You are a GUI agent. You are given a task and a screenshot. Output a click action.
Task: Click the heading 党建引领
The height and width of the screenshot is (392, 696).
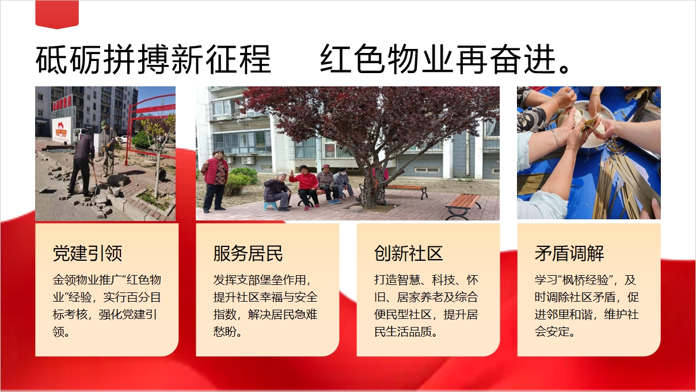tap(88, 253)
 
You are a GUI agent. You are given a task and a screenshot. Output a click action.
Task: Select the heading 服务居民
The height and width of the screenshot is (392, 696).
tap(248, 253)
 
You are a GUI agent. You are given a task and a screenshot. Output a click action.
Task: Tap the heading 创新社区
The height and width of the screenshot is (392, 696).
tap(409, 253)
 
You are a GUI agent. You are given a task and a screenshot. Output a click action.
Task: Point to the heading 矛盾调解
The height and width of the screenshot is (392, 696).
tap(569, 253)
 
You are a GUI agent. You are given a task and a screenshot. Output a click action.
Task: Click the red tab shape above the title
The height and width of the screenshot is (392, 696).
tap(57, 14)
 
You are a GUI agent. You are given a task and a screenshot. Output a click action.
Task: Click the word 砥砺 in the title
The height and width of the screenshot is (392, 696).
tap(69, 59)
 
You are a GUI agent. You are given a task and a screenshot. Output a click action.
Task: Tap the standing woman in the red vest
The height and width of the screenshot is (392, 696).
tap(215, 180)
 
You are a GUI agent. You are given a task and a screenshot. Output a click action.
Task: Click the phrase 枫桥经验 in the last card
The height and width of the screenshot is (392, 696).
tap(585, 280)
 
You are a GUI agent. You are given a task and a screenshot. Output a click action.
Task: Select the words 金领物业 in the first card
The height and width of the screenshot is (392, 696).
tap(75, 280)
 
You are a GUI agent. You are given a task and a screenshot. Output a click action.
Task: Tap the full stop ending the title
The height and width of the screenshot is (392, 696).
tap(564, 68)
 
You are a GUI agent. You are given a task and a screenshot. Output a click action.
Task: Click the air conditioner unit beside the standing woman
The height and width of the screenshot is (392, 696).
tap(248, 160)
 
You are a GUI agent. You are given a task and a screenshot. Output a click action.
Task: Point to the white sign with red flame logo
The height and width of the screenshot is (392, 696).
tap(63, 130)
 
